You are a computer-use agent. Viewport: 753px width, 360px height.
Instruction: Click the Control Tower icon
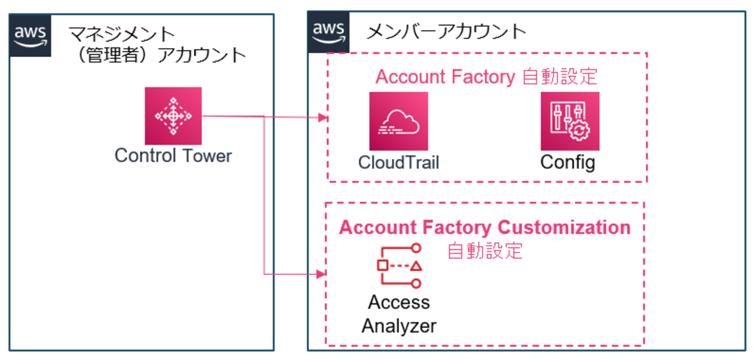pos(173,116)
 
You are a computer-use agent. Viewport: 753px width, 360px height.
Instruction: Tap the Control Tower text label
pos(173,155)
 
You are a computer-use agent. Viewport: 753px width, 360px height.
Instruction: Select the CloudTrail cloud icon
pos(399,121)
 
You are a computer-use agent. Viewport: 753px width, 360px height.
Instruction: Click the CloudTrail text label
pos(399,162)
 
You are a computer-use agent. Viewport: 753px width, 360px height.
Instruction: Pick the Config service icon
pos(570,121)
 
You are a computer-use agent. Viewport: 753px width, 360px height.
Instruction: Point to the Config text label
pos(568,163)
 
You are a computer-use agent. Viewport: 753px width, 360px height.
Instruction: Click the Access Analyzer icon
pos(399,266)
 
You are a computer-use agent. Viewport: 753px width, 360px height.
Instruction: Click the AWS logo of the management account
pos(30,35)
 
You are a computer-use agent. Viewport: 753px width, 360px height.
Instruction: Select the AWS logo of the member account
pos(329,32)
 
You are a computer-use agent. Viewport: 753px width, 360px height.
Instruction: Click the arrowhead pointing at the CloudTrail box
pos(323,118)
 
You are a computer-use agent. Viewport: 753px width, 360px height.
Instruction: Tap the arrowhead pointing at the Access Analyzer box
pos(321,274)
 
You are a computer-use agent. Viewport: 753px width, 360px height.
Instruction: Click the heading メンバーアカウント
pos(446,32)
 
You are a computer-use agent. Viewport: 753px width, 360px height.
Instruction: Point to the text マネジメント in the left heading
pos(122,34)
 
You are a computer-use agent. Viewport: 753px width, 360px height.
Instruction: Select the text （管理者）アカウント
pos(161,55)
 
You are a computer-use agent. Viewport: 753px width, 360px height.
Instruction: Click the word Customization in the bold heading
pos(564,228)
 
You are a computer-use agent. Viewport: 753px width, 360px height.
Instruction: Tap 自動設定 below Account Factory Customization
pos(485,251)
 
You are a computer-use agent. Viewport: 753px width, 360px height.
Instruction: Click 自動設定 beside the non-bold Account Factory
pos(560,77)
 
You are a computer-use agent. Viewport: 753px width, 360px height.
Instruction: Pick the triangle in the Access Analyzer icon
pos(416,266)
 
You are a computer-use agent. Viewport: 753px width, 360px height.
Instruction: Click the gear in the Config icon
pos(579,130)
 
